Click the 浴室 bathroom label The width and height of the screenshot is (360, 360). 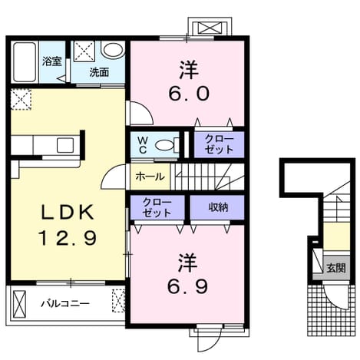pos(52,61)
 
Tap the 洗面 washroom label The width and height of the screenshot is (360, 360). pos(99,72)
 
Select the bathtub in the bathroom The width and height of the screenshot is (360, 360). pos(25,62)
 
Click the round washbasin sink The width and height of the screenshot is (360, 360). pos(113,50)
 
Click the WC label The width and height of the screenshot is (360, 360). pos(143,145)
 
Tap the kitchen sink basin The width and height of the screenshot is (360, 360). pos(65,145)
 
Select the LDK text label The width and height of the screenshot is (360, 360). pos(68,213)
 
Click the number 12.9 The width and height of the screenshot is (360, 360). pos(68,238)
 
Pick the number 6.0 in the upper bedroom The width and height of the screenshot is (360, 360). pos(189,94)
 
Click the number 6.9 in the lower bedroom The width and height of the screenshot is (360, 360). pos(187,286)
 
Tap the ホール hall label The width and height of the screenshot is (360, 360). pos(150,177)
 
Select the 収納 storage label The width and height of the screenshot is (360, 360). pos(218,207)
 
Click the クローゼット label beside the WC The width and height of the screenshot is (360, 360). pos(219,144)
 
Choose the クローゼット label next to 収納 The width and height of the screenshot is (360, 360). pos(157,207)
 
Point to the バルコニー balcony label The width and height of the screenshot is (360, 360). pos(65,304)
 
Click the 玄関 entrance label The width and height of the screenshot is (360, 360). pos(336,268)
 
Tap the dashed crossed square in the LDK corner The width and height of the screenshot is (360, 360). pos(21,99)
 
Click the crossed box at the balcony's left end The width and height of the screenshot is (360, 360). pos(20,304)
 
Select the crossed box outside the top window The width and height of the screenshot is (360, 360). pos(210,28)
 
